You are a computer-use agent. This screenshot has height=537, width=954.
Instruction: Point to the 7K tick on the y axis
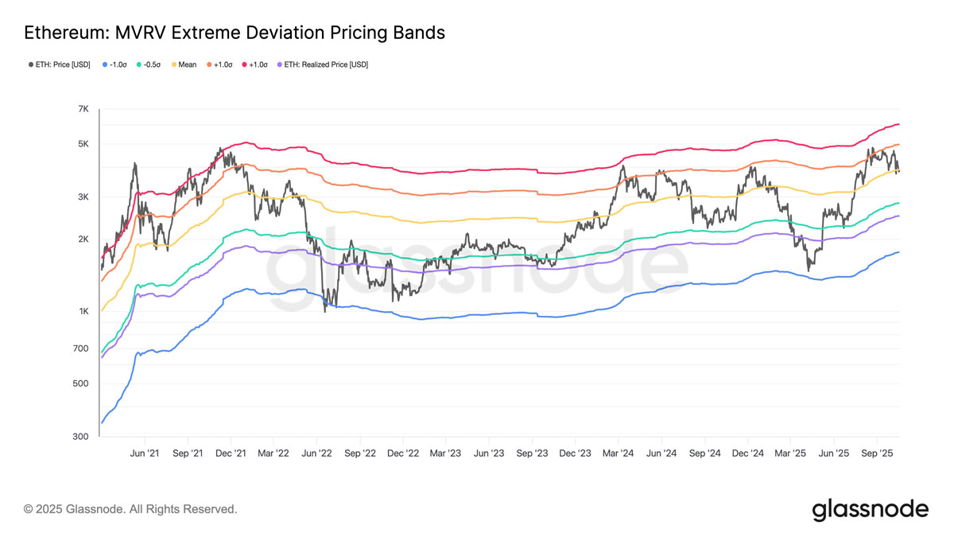click(83, 109)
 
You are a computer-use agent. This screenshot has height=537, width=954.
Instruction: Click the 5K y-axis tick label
click(83, 144)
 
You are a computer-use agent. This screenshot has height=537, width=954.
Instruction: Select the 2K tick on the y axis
click(83, 239)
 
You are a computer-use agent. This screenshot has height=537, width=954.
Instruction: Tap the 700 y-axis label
click(82, 348)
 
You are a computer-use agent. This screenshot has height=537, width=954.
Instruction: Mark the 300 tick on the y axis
click(82, 437)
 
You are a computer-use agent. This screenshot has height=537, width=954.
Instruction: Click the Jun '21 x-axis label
click(144, 453)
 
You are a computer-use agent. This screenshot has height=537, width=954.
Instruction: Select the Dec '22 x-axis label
click(403, 453)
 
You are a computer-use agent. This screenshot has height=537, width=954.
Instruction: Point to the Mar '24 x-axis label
click(618, 453)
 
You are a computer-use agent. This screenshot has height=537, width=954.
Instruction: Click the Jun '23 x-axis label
click(489, 453)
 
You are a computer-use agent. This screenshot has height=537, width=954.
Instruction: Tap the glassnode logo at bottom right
click(870, 509)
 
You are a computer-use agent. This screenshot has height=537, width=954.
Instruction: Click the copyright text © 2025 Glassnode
click(130, 508)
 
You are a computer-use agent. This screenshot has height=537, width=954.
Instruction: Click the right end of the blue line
click(899, 252)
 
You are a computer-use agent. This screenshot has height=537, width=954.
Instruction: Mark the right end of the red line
click(899, 124)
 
